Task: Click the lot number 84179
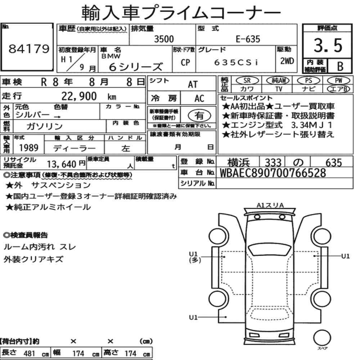click(x=28, y=49)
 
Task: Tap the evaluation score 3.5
click(x=328, y=46)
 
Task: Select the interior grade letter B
click(x=339, y=66)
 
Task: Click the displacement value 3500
click(x=164, y=39)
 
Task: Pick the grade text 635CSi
click(x=236, y=62)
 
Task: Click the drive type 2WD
click(x=287, y=61)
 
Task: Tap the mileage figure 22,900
click(x=79, y=96)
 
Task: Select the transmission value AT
click(x=193, y=84)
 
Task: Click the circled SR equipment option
click(x=247, y=81)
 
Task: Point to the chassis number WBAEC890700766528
click(x=273, y=173)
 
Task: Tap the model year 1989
click(x=28, y=148)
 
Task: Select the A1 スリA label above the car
click(x=270, y=205)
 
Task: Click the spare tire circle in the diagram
click(x=321, y=338)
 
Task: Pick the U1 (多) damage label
click(x=194, y=257)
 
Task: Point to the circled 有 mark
click(x=199, y=115)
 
